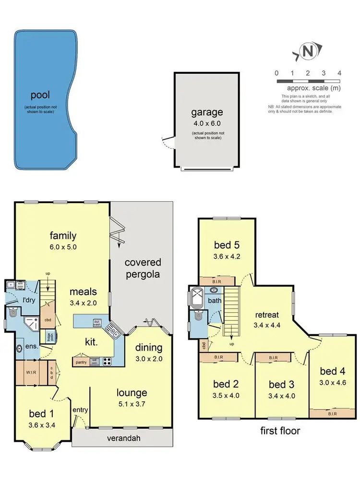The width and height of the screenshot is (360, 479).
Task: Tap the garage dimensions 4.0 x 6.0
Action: coord(206,123)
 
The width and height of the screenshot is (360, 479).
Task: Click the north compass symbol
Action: coord(307,52)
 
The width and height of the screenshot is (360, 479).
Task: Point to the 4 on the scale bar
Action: coord(339,73)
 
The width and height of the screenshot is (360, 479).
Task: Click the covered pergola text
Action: coord(143,269)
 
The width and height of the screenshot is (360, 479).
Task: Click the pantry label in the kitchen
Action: coord(81,362)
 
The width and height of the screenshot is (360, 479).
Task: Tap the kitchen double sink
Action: coord(111,330)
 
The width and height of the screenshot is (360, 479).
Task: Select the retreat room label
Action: coord(267,315)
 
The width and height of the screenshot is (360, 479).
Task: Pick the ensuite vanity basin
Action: coord(19,349)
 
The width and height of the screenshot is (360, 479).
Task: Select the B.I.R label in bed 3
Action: coord(273,358)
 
